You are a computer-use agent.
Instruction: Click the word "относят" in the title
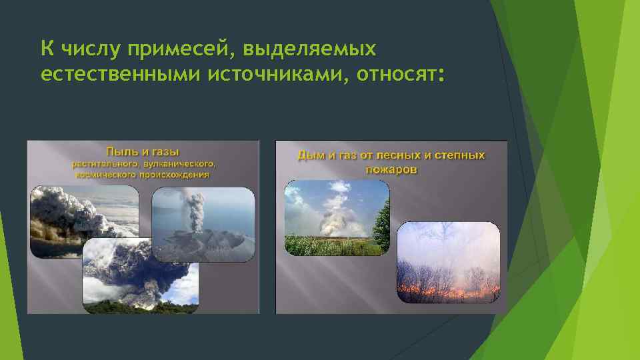(x=399, y=75)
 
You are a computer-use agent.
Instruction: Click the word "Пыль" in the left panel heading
(x=117, y=151)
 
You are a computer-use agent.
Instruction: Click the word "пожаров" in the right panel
(x=391, y=169)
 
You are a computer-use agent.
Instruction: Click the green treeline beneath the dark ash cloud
(x=140, y=306)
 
